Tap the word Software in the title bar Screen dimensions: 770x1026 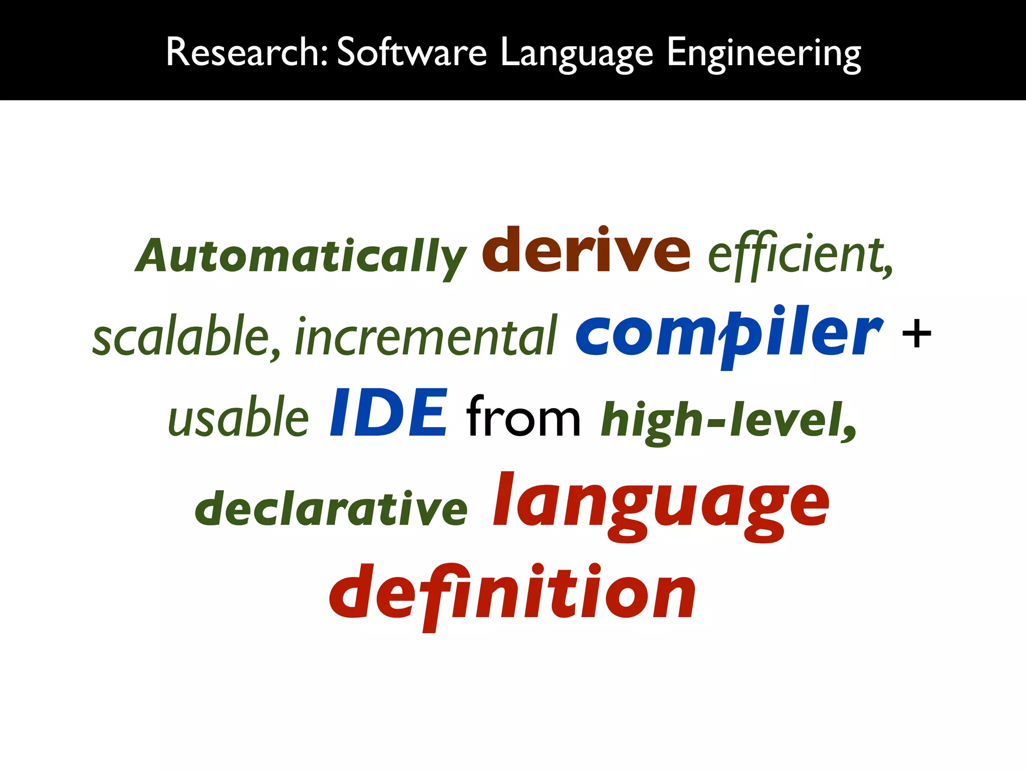coord(411,52)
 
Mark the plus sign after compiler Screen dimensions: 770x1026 coord(916,334)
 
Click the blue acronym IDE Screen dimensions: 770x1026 coord(388,413)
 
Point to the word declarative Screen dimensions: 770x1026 coord(331,508)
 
